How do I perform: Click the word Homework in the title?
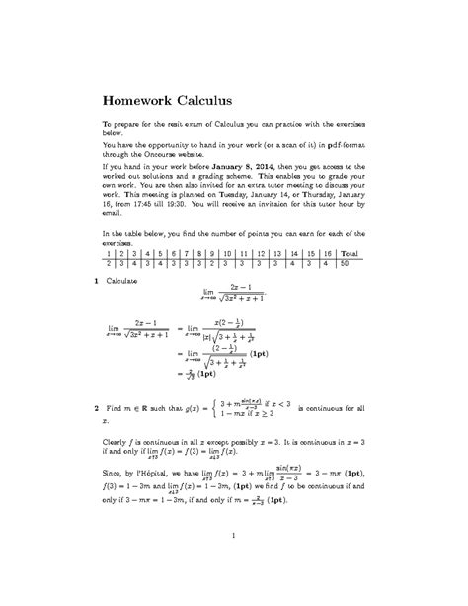click(x=144, y=99)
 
